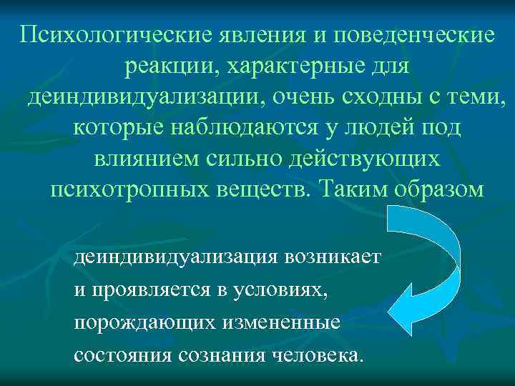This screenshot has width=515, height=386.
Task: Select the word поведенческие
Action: [x=411, y=35]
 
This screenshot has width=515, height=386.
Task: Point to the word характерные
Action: [x=300, y=66]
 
